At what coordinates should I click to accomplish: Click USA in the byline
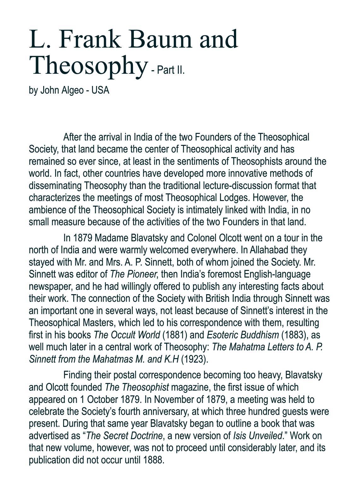click(x=100, y=90)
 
